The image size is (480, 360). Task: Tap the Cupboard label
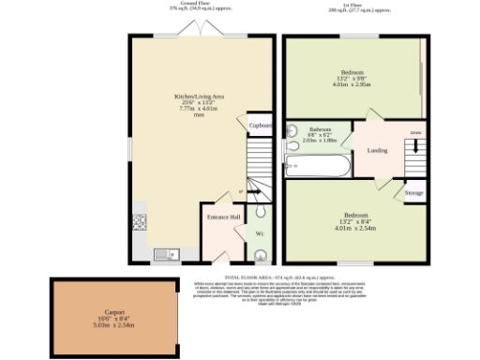tap(260, 125)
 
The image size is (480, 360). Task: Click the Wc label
tap(260, 232)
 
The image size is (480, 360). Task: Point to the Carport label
tap(114, 311)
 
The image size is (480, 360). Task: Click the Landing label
tap(377, 150)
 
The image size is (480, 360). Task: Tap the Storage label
tap(413, 193)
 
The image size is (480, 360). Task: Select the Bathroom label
tap(322, 128)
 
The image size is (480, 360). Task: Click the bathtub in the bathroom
tap(319, 167)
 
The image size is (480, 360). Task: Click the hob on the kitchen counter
tap(141, 222)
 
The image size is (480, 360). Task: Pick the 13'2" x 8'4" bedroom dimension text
tap(353, 221)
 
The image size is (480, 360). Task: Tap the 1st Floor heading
tap(353, 5)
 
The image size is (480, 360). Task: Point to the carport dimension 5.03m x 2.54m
tap(114, 324)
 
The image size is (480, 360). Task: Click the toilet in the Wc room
tap(260, 253)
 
